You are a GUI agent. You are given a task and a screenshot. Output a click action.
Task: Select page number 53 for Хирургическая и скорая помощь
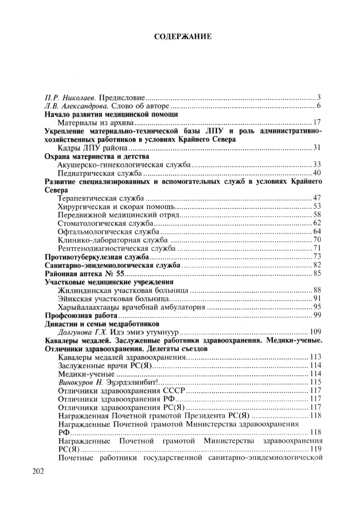[316, 206]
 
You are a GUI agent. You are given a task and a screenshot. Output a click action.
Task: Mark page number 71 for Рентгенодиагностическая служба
[316, 248]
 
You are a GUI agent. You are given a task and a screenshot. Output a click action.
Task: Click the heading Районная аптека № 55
[84, 273]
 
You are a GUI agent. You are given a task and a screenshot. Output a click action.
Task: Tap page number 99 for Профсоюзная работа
[316, 315]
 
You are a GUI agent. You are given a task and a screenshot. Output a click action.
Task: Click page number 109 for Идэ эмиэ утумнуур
[315, 332]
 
